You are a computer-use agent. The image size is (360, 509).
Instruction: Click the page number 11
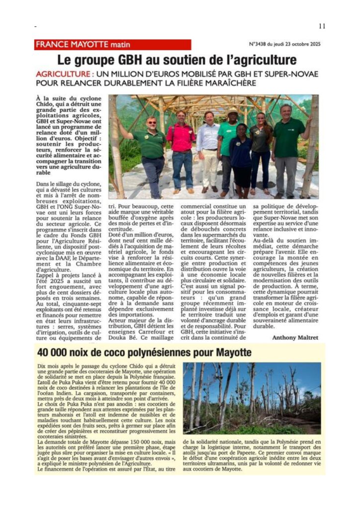tap(322, 26)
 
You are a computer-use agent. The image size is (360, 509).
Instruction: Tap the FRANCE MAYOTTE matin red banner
tap(113, 45)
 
